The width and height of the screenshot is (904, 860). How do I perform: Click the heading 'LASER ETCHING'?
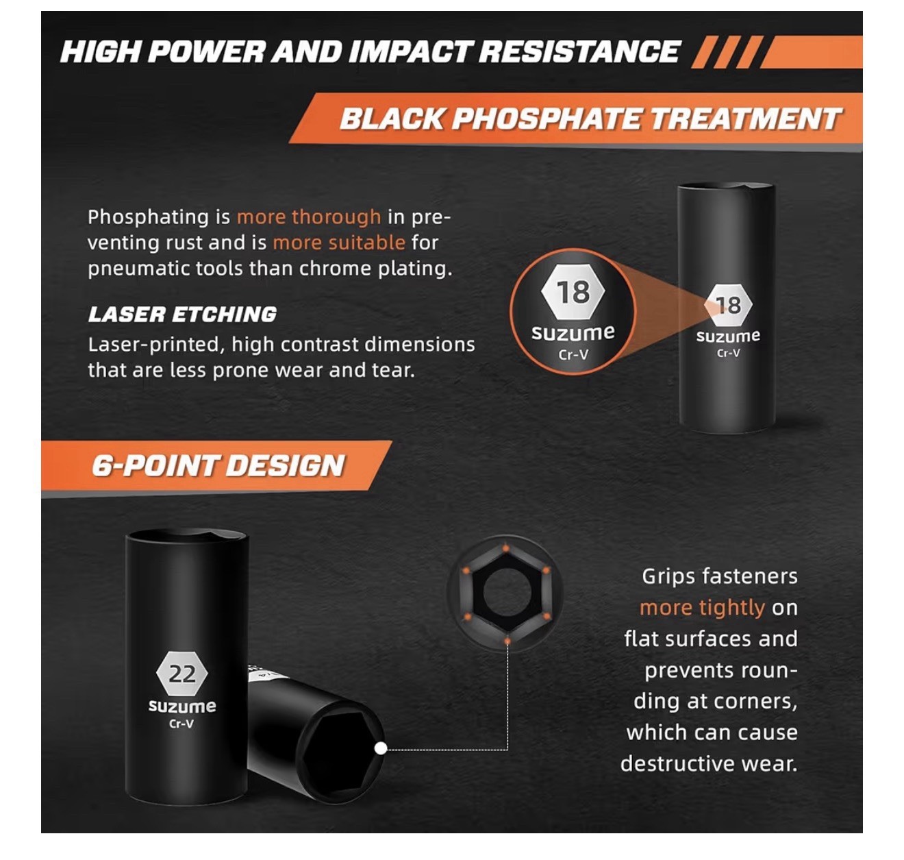(x=182, y=315)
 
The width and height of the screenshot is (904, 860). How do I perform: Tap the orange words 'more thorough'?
(x=309, y=217)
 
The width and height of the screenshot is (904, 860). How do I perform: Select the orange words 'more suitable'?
(x=339, y=243)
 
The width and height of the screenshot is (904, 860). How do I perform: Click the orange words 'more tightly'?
(x=702, y=608)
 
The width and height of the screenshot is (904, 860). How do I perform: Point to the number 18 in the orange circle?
(x=573, y=292)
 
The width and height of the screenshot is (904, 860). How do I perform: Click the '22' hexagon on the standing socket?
(x=182, y=674)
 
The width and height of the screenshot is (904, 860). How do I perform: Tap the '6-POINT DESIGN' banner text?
(x=218, y=465)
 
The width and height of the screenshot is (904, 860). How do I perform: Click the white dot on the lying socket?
(x=381, y=749)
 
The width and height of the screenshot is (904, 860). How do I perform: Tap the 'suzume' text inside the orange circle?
(x=573, y=332)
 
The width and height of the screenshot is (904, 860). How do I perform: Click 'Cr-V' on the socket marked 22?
(x=181, y=724)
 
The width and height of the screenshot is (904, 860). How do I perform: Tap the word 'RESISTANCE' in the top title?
(x=579, y=51)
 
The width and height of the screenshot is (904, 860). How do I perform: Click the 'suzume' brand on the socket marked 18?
(x=728, y=336)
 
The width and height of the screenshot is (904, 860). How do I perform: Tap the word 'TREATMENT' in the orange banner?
(x=745, y=119)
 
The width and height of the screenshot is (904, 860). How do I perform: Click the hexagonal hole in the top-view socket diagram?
(x=505, y=592)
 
